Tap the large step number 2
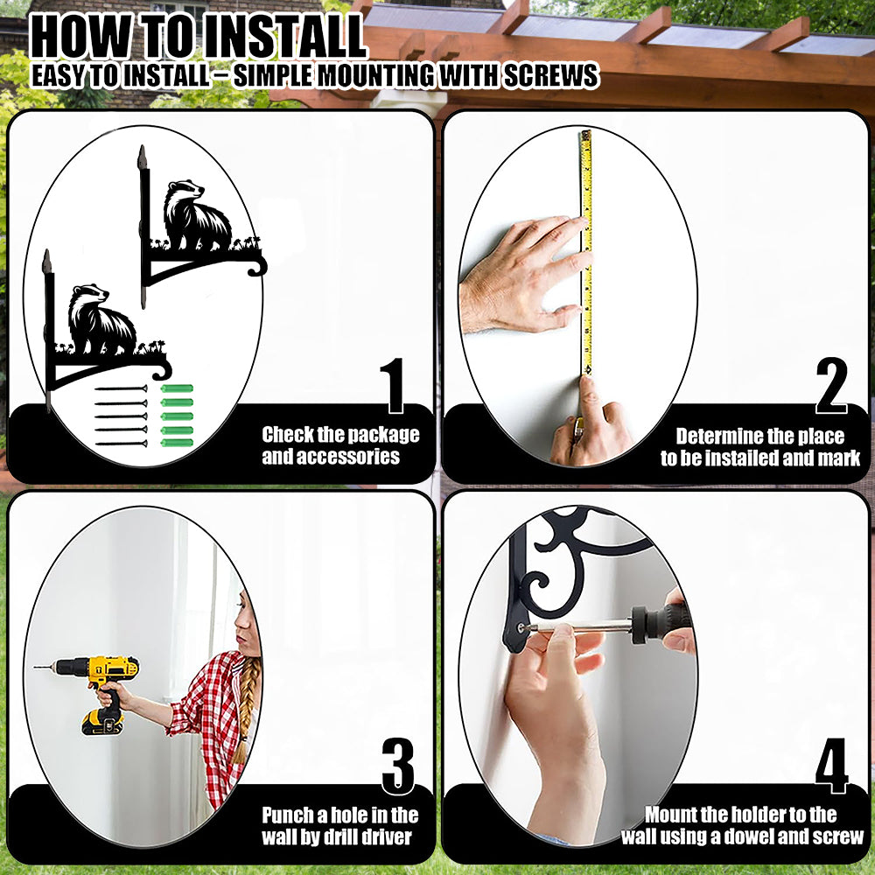point(831,386)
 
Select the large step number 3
point(398,766)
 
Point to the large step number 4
point(831,766)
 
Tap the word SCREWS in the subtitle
point(550,76)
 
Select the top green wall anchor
point(177,388)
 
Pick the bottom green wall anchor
point(177,443)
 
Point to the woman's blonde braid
point(246,709)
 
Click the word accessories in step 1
point(331,457)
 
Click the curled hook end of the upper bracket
point(257,266)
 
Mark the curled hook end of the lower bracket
point(163,370)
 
